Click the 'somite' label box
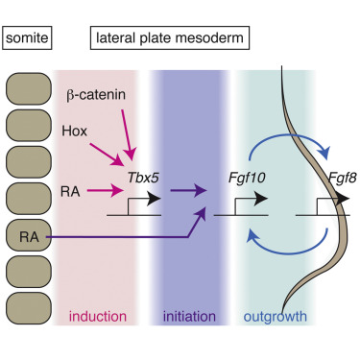[x=27, y=39]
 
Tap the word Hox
[x=72, y=130]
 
